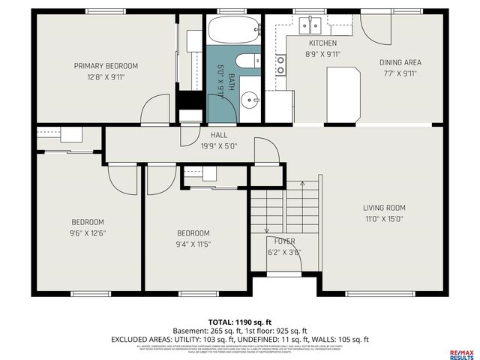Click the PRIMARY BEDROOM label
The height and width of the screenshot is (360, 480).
click(x=106, y=66)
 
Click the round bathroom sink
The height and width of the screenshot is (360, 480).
click(x=250, y=98)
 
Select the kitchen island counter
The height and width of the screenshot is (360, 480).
click(x=343, y=93)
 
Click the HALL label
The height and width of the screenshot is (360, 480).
click(x=218, y=135)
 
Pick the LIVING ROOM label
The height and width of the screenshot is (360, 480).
click(x=384, y=208)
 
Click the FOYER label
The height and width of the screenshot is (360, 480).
click(x=283, y=241)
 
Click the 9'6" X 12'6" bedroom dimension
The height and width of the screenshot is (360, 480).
click(x=88, y=234)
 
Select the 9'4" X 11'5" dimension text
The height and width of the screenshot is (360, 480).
click(x=193, y=244)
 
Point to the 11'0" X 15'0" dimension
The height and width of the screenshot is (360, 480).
click(x=384, y=219)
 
